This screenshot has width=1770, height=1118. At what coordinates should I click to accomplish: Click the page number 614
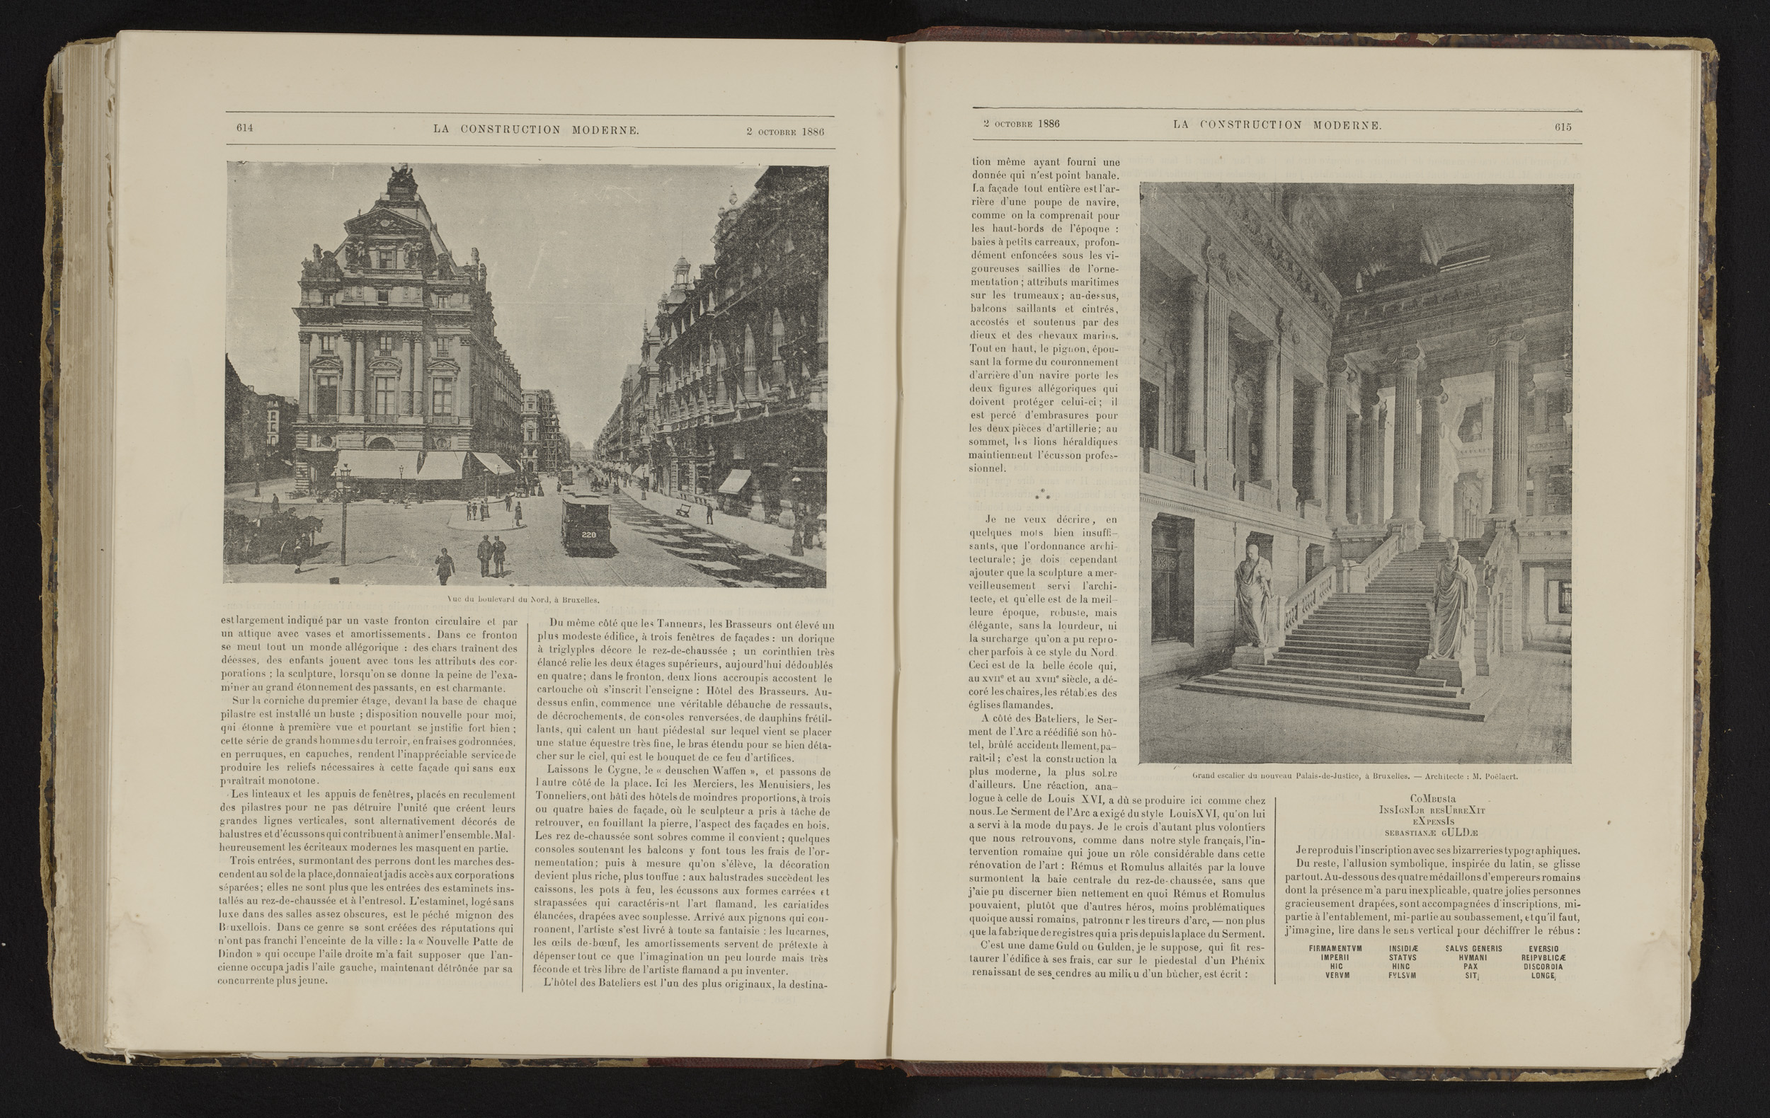[x=245, y=128]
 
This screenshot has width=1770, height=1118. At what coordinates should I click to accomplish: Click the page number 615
[x=1563, y=127]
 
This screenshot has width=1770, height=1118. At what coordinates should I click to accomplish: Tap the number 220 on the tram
[x=589, y=534]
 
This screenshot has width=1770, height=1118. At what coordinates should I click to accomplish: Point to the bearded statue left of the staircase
[x=1252, y=599]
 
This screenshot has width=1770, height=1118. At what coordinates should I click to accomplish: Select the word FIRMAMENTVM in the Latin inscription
[x=1335, y=948]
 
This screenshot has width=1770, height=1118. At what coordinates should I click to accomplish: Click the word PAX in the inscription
[x=1470, y=967]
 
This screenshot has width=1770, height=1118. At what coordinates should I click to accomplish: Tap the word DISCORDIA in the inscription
[x=1543, y=967]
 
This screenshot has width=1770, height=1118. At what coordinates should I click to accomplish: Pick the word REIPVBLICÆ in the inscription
[x=1543, y=958]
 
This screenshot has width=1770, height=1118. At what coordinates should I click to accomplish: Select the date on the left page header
[x=784, y=132]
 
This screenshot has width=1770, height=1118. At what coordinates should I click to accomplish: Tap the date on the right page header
[x=1022, y=124]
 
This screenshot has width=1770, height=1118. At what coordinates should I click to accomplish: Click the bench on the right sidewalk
[x=684, y=509]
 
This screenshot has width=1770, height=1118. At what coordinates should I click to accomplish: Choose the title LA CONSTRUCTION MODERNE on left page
[x=536, y=129]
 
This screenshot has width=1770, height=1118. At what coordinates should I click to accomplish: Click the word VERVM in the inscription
[x=1335, y=976]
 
